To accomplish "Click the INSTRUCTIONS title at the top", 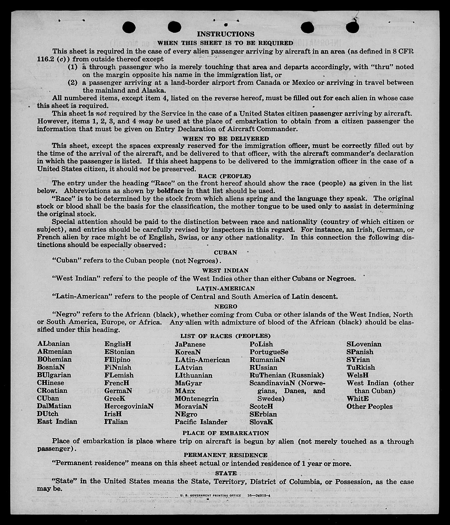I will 226,34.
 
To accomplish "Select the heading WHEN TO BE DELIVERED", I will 226,139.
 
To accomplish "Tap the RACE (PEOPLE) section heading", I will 224,176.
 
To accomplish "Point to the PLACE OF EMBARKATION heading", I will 226,433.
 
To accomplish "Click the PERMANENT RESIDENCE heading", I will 226,455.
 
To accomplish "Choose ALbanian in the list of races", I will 53,344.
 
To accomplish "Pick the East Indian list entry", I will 57,421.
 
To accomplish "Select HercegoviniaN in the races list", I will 129,406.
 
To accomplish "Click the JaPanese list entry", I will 190,344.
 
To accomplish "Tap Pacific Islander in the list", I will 201,422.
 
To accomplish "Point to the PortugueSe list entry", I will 269,352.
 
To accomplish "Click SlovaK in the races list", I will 261,422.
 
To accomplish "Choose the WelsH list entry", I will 358,375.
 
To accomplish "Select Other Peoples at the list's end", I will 369,406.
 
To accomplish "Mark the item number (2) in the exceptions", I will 73,83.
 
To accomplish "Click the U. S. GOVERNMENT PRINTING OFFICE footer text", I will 211,495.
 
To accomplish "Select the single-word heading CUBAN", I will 225,252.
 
